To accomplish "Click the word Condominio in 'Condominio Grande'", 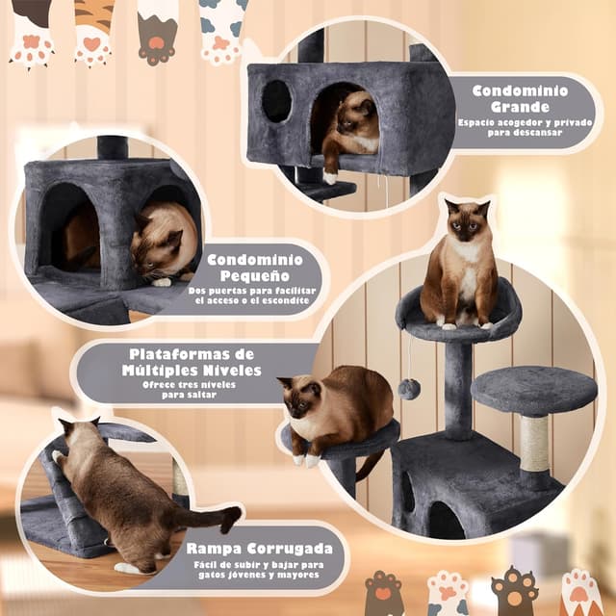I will point(520,90).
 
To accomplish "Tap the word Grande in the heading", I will point(519,106).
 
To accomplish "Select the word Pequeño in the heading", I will point(257,275).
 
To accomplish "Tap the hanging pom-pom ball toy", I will point(409,388).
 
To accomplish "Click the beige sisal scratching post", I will point(533,442).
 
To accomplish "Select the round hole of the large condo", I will point(277,101).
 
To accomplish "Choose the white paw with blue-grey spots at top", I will point(222,29).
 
